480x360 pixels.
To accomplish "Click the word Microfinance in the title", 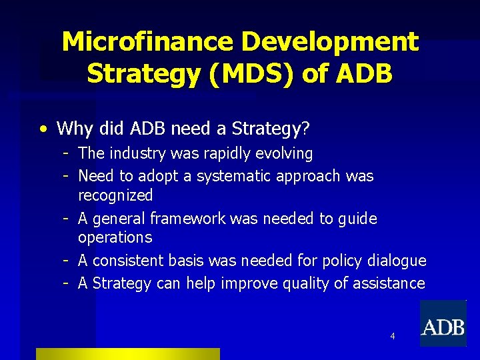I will pyautogui.click(x=147, y=42).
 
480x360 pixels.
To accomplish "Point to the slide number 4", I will pyautogui.click(x=392, y=336).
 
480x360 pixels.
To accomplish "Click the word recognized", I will pyautogui.click(x=115, y=196).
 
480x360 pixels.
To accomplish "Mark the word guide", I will pyautogui.click(x=358, y=219).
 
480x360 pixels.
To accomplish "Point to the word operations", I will pyautogui.click(x=115, y=238).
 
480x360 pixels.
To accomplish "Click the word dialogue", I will pyautogui.click(x=397, y=261).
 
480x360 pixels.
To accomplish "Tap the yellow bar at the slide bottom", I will pyautogui.click(x=127, y=354).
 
